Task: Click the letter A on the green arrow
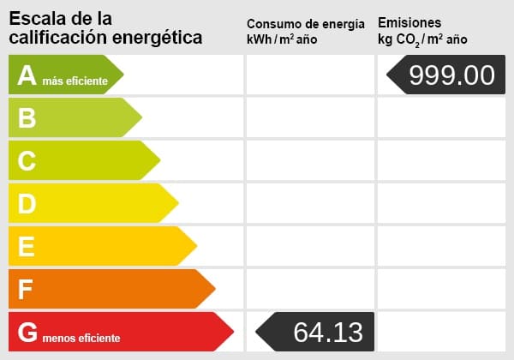click(27, 75)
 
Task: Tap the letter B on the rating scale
click(27, 118)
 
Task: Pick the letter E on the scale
click(27, 247)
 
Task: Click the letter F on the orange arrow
click(26, 290)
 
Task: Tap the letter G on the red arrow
click(27, 333)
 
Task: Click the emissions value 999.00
click(451, 75)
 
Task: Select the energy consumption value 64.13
click(328, 332)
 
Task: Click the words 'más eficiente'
click(75, 81)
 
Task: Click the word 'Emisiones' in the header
click(409, 23)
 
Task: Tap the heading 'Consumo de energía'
click(311, 24)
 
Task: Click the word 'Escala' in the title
click(38, 18)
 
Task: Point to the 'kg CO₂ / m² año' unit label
click(422, 39)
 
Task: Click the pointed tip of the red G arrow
click(233, 333)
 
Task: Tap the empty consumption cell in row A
click(310, 75)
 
